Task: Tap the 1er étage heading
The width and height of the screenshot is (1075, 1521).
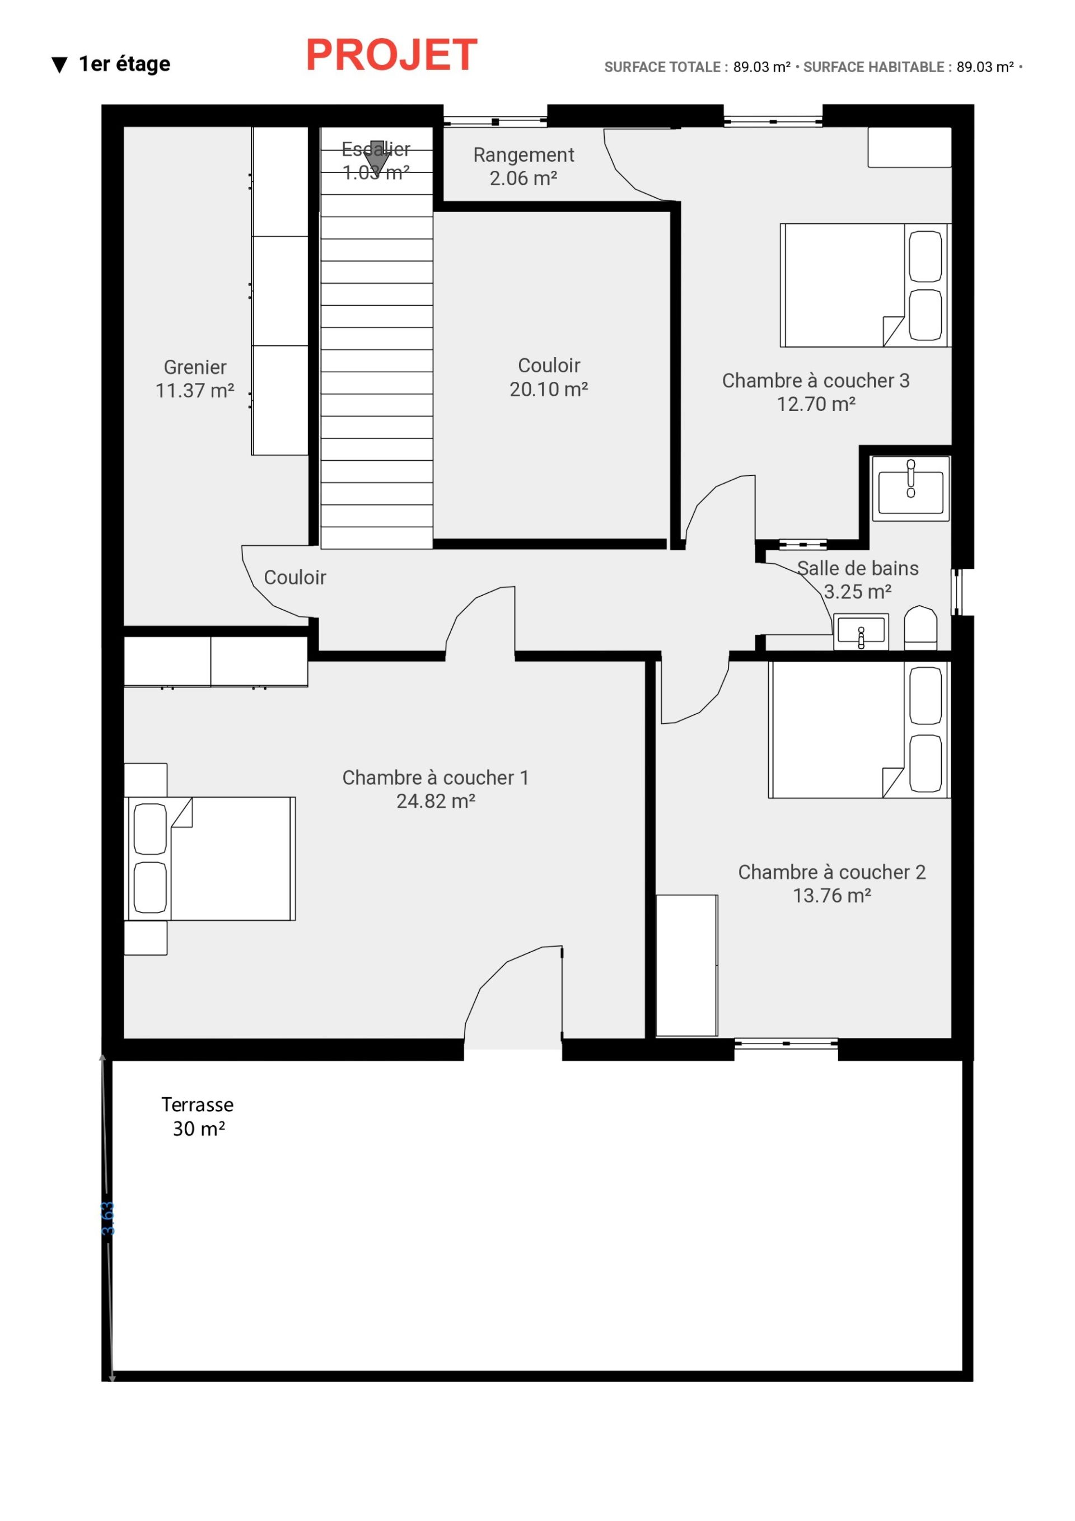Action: click(124, 64)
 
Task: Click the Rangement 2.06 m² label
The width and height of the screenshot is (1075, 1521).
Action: click(523, 166)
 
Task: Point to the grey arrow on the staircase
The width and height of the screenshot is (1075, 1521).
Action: click(377, 156)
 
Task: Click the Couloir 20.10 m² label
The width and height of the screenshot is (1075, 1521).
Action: click(549, 377)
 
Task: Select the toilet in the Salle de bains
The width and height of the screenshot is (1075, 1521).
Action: click(920, 626)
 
